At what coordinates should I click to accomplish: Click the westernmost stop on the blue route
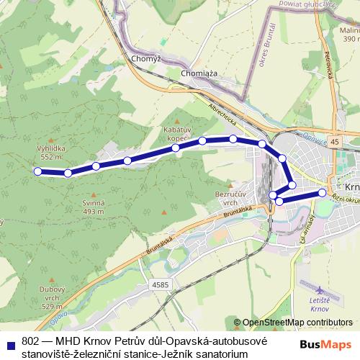coord(37,171)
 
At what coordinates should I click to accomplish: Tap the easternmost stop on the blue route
coord(323,192)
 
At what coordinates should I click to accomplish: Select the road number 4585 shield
coord(160,284)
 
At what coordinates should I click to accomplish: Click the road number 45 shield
coord(335,143)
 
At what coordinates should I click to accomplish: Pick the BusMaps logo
coord(326,344)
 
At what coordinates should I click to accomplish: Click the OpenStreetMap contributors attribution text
coord(297,323)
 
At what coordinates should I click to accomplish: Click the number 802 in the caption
coord(31,341)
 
